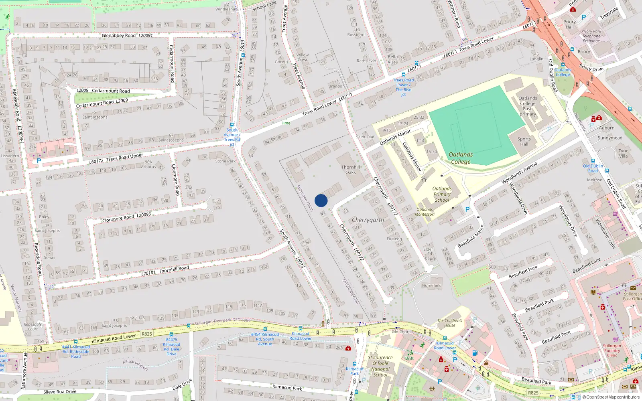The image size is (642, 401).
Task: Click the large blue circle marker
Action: coord(321,200)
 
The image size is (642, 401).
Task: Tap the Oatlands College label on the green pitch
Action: coord(461,158)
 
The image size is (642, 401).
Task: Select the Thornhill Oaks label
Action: coord(351,170)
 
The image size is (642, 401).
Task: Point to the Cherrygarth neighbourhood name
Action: coord(368,220)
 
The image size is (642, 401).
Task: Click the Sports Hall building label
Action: coord(524,142)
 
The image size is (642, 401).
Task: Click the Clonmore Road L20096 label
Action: coord(126,217)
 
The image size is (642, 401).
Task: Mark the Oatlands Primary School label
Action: coord(442,194)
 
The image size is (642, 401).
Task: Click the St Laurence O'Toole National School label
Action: coord(380,366)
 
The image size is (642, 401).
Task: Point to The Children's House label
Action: coord(449,323)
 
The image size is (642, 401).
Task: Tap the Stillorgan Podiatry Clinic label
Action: coord(612,350)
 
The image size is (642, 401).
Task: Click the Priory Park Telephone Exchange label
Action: coord(591,36)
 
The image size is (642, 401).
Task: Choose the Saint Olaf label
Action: coord(365,137)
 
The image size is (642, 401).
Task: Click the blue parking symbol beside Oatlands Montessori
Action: coord(467,209)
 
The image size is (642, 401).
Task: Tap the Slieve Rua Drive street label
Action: coord(60,392)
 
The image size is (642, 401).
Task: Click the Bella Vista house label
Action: coord(393,59)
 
